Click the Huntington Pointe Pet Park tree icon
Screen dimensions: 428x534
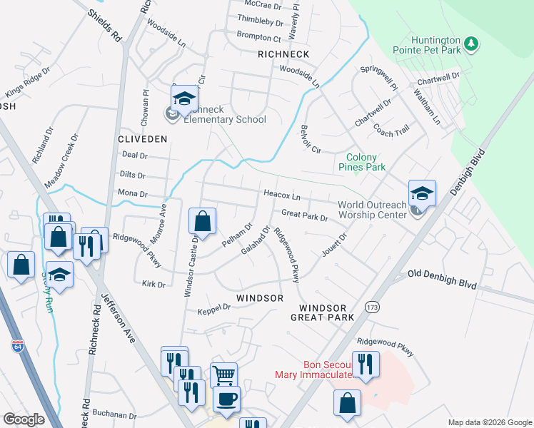click(470, 44)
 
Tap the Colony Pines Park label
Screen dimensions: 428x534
click(366, 162)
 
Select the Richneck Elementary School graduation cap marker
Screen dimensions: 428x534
click(184, 99)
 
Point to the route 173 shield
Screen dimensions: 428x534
click(371, 305)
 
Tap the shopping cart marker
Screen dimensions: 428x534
click(223, 374)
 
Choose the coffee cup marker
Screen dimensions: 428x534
click(227, 399)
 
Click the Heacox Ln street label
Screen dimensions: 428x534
click(282, 195)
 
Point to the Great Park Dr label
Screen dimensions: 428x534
click(304, 214)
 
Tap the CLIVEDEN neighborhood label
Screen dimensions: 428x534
click(143, 138)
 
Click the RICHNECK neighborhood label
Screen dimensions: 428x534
click(284, 54)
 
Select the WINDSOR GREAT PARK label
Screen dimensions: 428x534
click(323, 312)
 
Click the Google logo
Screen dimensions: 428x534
click(24, 419)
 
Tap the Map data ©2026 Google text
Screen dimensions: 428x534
click(489, 422)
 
